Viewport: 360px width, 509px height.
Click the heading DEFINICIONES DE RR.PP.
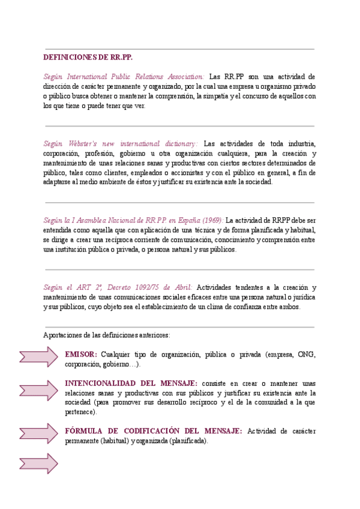pos(88,58)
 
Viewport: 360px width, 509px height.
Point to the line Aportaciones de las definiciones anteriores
pos(107,334)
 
